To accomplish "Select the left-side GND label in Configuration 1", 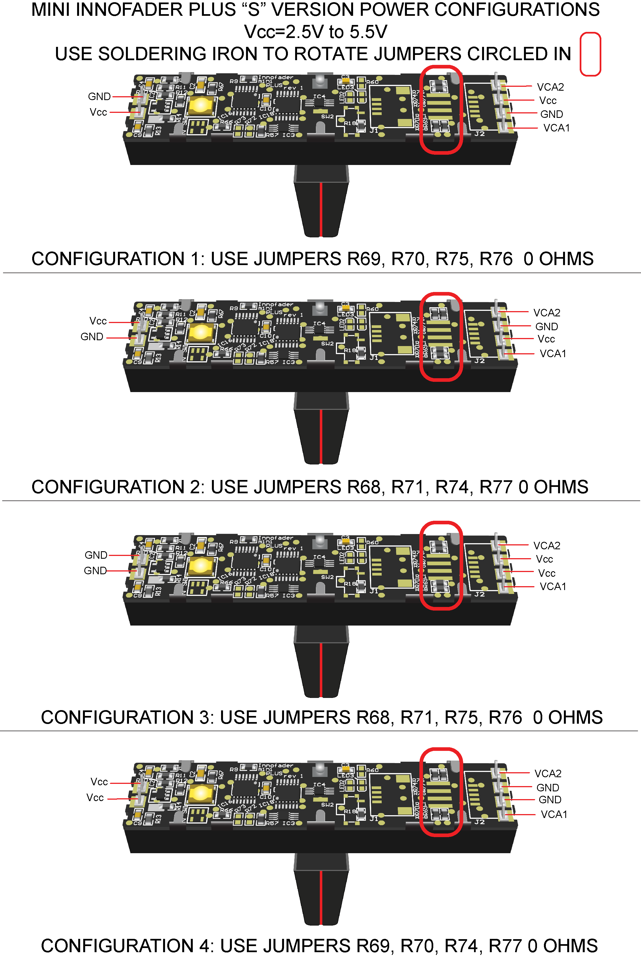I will (99, 96).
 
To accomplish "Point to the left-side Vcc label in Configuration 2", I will (98, 321).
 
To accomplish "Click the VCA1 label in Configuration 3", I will (553, 586).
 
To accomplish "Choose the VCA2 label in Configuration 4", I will (548, 773).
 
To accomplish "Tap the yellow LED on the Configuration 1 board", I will (201, 105).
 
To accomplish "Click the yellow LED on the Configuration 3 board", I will (201, 566).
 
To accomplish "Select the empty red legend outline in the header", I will (590, 54).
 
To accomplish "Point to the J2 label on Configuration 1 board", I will (480, 134).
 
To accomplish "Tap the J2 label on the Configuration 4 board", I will (480, 822).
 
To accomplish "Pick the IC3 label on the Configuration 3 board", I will (289, 596).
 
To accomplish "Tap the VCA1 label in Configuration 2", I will (553, 354).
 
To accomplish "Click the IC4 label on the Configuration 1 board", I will (319, 96).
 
